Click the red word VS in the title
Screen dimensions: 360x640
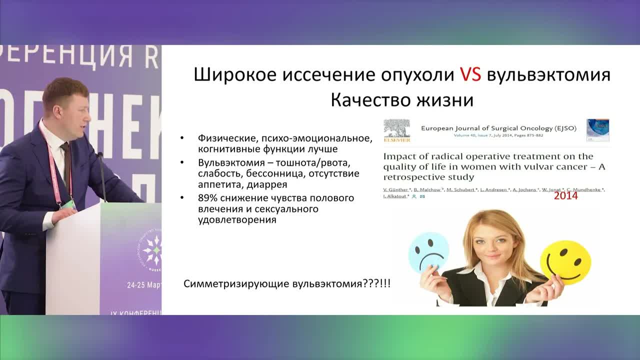click(x=470, y=75)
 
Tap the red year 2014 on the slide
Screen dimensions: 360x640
click(x=565, y=195)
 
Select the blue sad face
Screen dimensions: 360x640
click(x=428, y=252)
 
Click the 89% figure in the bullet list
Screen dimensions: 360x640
click(x=207, y=198)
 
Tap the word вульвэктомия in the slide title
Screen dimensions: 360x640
click(x=548, y=75)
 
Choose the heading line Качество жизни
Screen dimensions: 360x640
click(x=402, y=100)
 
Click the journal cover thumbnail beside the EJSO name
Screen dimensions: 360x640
click(x=597, y=130)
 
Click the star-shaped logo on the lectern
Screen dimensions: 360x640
click(x=152, y=250)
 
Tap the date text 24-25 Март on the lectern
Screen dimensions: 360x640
click(x=144, y=285)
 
